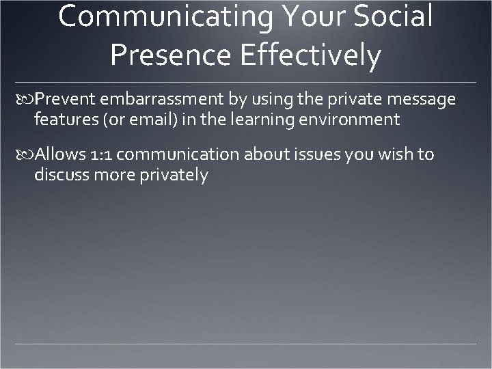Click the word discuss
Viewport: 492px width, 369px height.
pos(59,174)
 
